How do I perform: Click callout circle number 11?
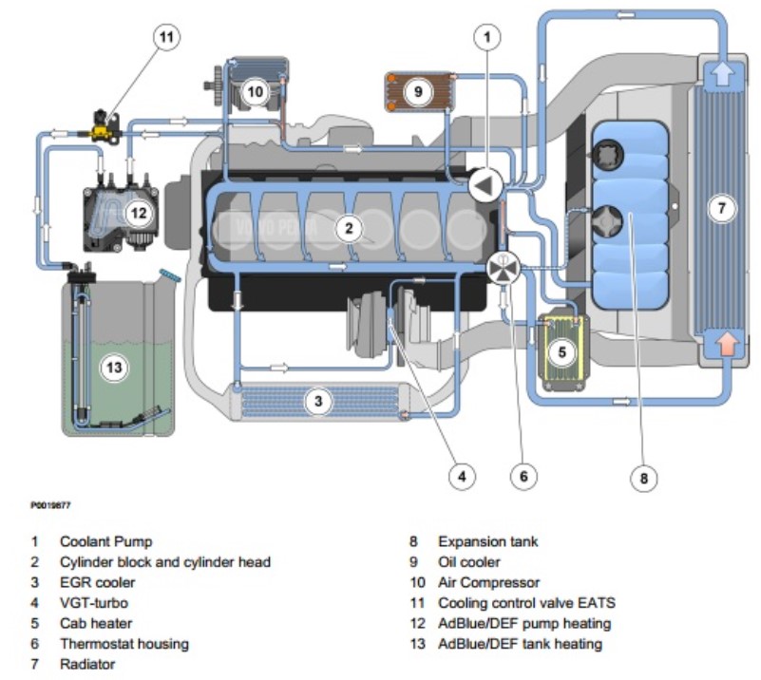coord(167,37)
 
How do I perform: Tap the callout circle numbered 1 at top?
coord(488,37)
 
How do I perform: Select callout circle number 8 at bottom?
coord(643,479)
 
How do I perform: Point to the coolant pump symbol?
coord(485,185)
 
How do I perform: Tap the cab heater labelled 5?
coord(561,352)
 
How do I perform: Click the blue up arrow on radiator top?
coord(724,74)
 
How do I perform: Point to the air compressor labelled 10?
coord(255,91)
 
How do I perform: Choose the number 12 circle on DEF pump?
coord(139,212)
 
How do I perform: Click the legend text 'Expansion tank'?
coord(487,541)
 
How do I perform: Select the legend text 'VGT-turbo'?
coord(93,603)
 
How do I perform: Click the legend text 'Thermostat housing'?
coord(124,644)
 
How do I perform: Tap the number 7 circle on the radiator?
coord(723,209)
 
